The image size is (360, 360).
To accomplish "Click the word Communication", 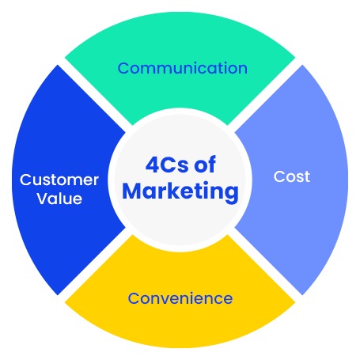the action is pos(183,68).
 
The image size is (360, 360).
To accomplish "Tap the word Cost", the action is pos(292,176).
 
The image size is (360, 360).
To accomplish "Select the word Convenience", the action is pos(180,298).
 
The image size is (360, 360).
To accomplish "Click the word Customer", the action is pos(59,180).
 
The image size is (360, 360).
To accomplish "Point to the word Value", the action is pos(59,199).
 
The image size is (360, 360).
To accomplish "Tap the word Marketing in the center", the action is pos(180,191).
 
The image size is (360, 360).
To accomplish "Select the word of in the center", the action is pos(205,164).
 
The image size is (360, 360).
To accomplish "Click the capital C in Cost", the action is pos(279,176).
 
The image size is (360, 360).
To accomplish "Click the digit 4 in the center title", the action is pos(152,165).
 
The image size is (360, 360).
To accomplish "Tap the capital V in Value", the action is pos(43,199).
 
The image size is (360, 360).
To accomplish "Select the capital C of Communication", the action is pos(123,68).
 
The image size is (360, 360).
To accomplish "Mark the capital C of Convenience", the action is pos(134,298).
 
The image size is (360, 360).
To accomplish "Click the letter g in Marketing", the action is pos(232,195).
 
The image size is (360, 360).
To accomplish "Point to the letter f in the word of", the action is pos(212,164).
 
